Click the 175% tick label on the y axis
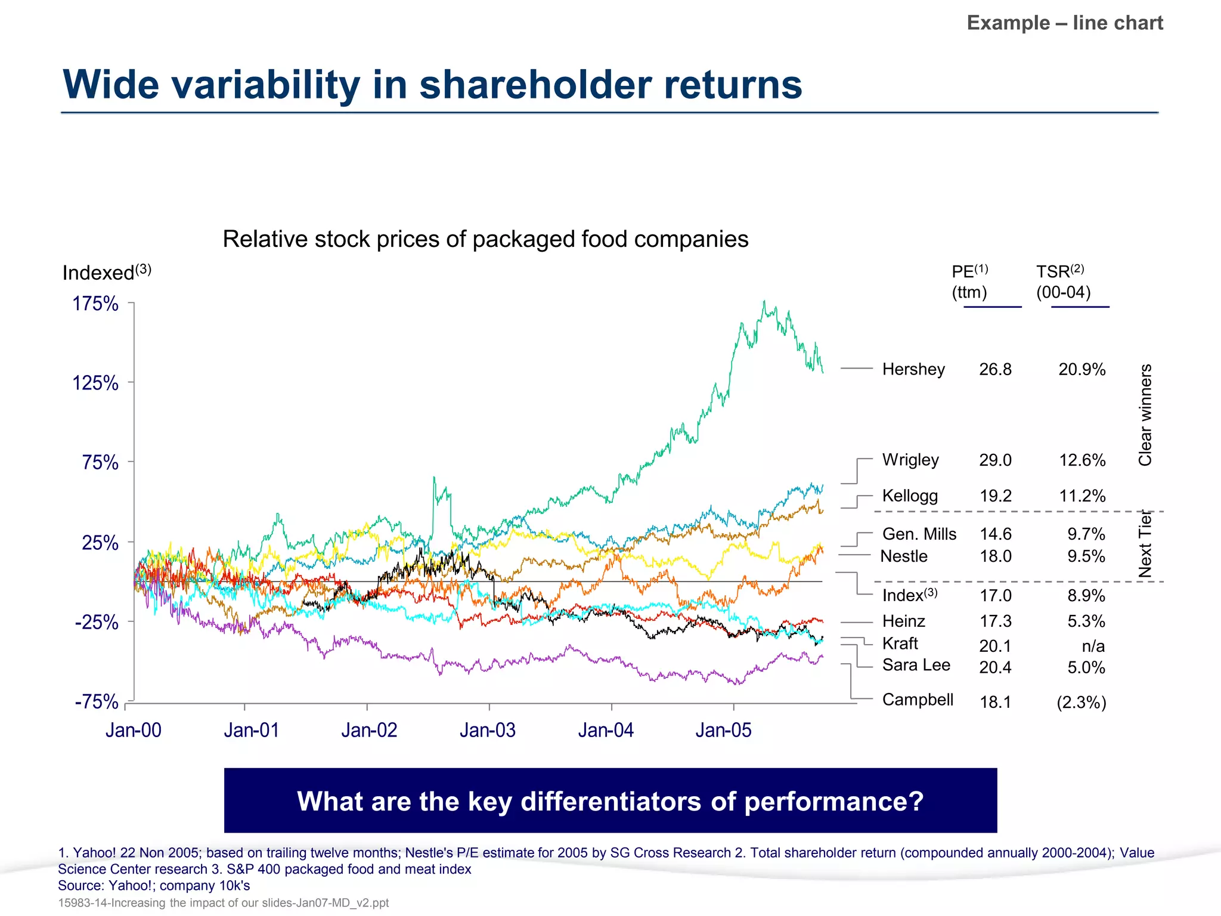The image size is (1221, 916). point(95,304)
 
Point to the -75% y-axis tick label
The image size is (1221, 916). point(96,702)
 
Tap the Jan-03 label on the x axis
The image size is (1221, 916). point(487,730)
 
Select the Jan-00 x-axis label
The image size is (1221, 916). point(133,730)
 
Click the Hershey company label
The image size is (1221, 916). point(913,369)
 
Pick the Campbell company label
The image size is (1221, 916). point(918,700)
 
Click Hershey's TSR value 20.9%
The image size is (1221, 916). point(1081,369)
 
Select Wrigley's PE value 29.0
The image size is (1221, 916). point(995,460)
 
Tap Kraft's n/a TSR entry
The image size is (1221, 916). point(1093,646)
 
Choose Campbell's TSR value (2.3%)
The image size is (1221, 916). point(1081,702)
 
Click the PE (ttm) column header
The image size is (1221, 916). point(970,281)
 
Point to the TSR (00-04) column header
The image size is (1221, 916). point(1063,281)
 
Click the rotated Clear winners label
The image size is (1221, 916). point(1145,414)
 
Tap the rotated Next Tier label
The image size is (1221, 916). point(1145,544)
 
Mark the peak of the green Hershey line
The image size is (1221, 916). point(764,302)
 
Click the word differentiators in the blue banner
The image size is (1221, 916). point(611,801)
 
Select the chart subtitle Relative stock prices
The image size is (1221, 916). point(485,239)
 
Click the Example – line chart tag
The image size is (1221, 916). point(1065,23)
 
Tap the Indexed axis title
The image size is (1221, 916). point(106,273)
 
